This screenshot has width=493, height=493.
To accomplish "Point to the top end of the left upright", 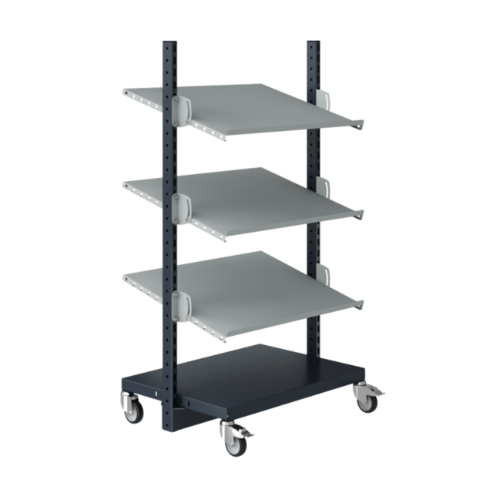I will pyautogui.click(x=169, y=43).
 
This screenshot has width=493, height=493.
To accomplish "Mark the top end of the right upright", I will pyautogui.click(x=312, y=42).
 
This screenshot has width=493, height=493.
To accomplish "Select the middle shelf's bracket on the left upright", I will pyautogui.click(x=182, y=205).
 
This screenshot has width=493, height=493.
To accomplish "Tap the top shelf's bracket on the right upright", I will pyautogui.click(x=324, y=99).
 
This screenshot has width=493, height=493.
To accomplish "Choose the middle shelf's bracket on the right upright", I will pyautogui.click(x=324, y=188).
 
